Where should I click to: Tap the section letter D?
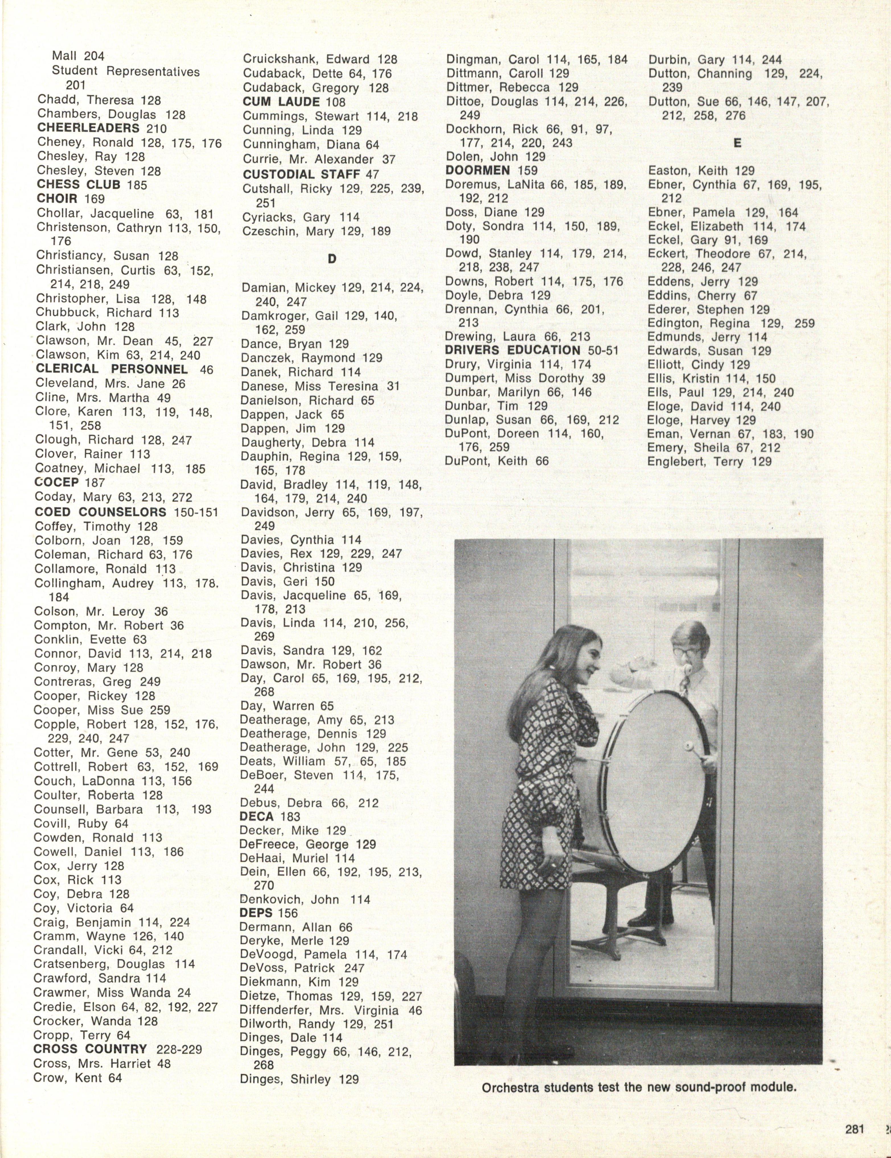332,259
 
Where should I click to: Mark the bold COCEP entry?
56,482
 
